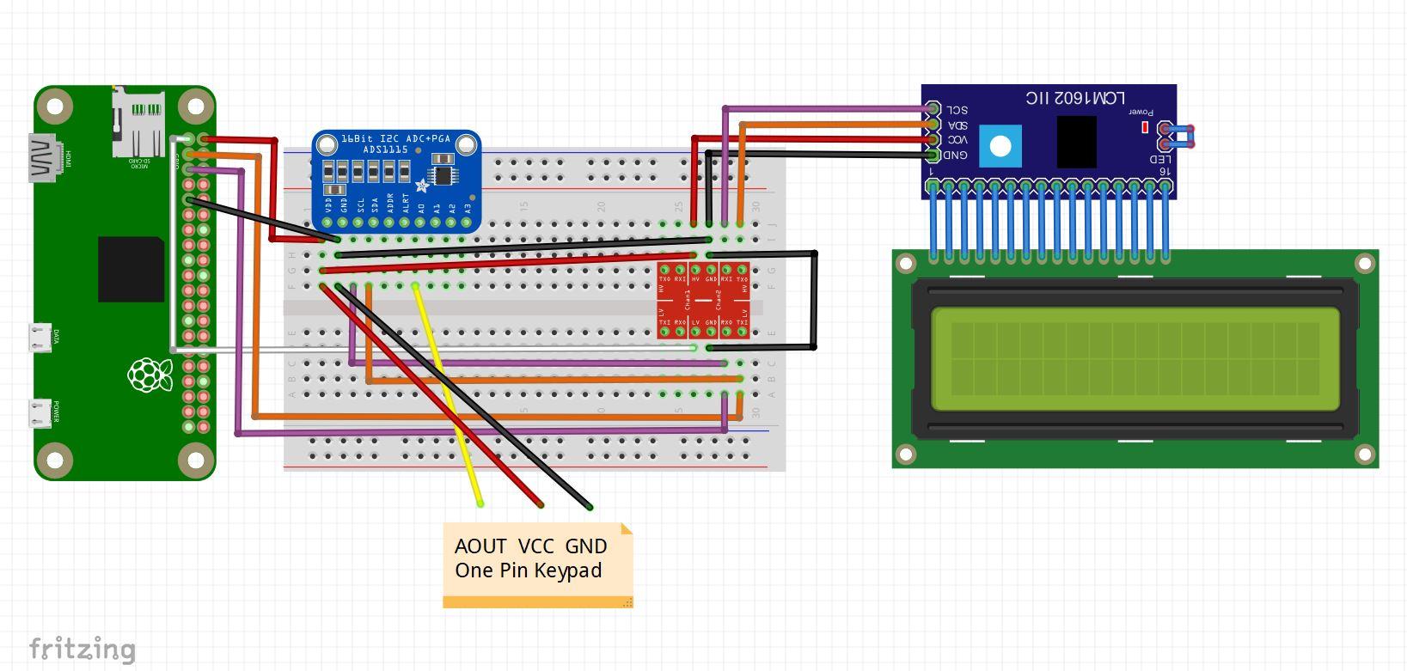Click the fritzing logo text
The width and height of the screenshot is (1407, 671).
(83, 650)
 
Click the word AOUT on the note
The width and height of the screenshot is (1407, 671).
(480, 546)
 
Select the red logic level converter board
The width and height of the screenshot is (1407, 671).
(703, 301)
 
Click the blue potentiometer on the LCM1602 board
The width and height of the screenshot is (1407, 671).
(1000, 146)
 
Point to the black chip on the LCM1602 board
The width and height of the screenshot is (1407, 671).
(1076, 141)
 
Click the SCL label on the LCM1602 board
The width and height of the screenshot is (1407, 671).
(957, 110)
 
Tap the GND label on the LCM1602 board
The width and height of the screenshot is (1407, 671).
(955, 156)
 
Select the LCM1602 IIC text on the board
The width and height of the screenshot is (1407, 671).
(1074, 98)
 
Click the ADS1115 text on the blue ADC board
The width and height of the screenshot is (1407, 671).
(384, 149)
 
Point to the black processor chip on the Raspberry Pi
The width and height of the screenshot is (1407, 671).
(131, 270)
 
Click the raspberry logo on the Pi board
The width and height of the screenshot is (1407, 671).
(150, 375)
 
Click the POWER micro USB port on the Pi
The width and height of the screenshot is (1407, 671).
(40, 413)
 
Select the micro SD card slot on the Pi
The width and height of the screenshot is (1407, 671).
(138, 125)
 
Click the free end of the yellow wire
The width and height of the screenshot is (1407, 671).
(480, 503)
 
